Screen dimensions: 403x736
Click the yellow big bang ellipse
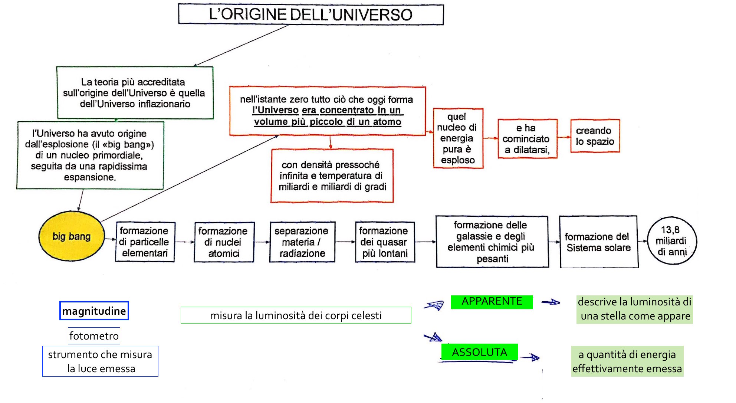coord(71,236)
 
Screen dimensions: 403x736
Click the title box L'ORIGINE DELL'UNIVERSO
coord(310,14)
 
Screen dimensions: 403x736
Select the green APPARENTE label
coord(492,302)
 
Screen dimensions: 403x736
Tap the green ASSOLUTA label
coord(479,352)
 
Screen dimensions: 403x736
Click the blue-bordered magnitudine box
coord(94,311)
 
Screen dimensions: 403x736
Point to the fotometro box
coord(94,336)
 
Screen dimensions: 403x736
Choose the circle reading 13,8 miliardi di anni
coord(672,241)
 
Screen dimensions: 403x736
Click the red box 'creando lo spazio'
coord(595,136)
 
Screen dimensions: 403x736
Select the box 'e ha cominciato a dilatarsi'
coord(527,139)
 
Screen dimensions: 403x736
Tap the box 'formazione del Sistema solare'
coord(598,242)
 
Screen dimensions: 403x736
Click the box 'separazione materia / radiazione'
coord(302,242)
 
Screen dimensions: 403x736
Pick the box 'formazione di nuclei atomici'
coord(224,242)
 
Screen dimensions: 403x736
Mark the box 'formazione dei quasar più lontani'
coord(384,242)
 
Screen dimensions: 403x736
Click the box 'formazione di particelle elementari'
coord(145,242)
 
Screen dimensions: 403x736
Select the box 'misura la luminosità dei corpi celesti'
coord(296,315)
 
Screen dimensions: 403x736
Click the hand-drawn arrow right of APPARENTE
coord(551,302)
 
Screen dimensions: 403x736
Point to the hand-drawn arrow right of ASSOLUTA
coord(530,357)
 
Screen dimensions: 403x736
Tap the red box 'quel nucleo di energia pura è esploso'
coord(458,138)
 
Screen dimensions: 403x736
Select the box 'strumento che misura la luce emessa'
coord(100,361)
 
